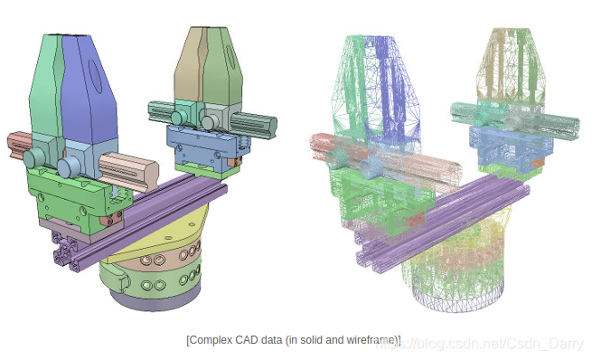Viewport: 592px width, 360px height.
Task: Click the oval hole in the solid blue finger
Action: point(95,76)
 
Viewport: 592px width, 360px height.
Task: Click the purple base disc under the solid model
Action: point(155,300)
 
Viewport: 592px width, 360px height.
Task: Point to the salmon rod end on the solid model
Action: point(20,145)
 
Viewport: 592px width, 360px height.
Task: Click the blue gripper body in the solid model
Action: point(206,148)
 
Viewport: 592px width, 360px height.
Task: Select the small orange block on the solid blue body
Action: point(235,162)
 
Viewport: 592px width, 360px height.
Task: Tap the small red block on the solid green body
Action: point(111,219)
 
